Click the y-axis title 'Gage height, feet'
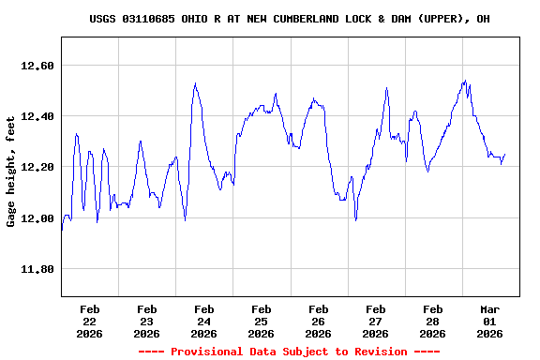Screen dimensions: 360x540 click(11, 172)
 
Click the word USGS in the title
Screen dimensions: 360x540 click(103, 19)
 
